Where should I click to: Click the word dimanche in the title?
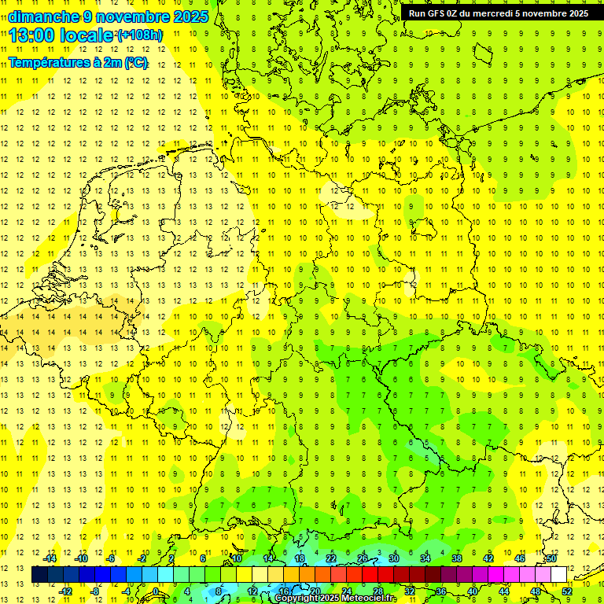(44, 17)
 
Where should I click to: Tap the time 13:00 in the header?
(36, 35)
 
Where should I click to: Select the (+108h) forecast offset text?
(140, 35)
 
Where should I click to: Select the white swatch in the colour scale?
(558, 574)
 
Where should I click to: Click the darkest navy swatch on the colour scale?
(39, 574)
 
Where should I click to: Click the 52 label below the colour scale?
(566, 591)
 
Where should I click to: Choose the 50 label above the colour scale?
(551, 558)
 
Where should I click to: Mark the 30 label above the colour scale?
(393, 558)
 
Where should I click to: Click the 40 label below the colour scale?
(472, 591)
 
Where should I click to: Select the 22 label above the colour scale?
(331, 558)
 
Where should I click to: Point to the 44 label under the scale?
(504, 591)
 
